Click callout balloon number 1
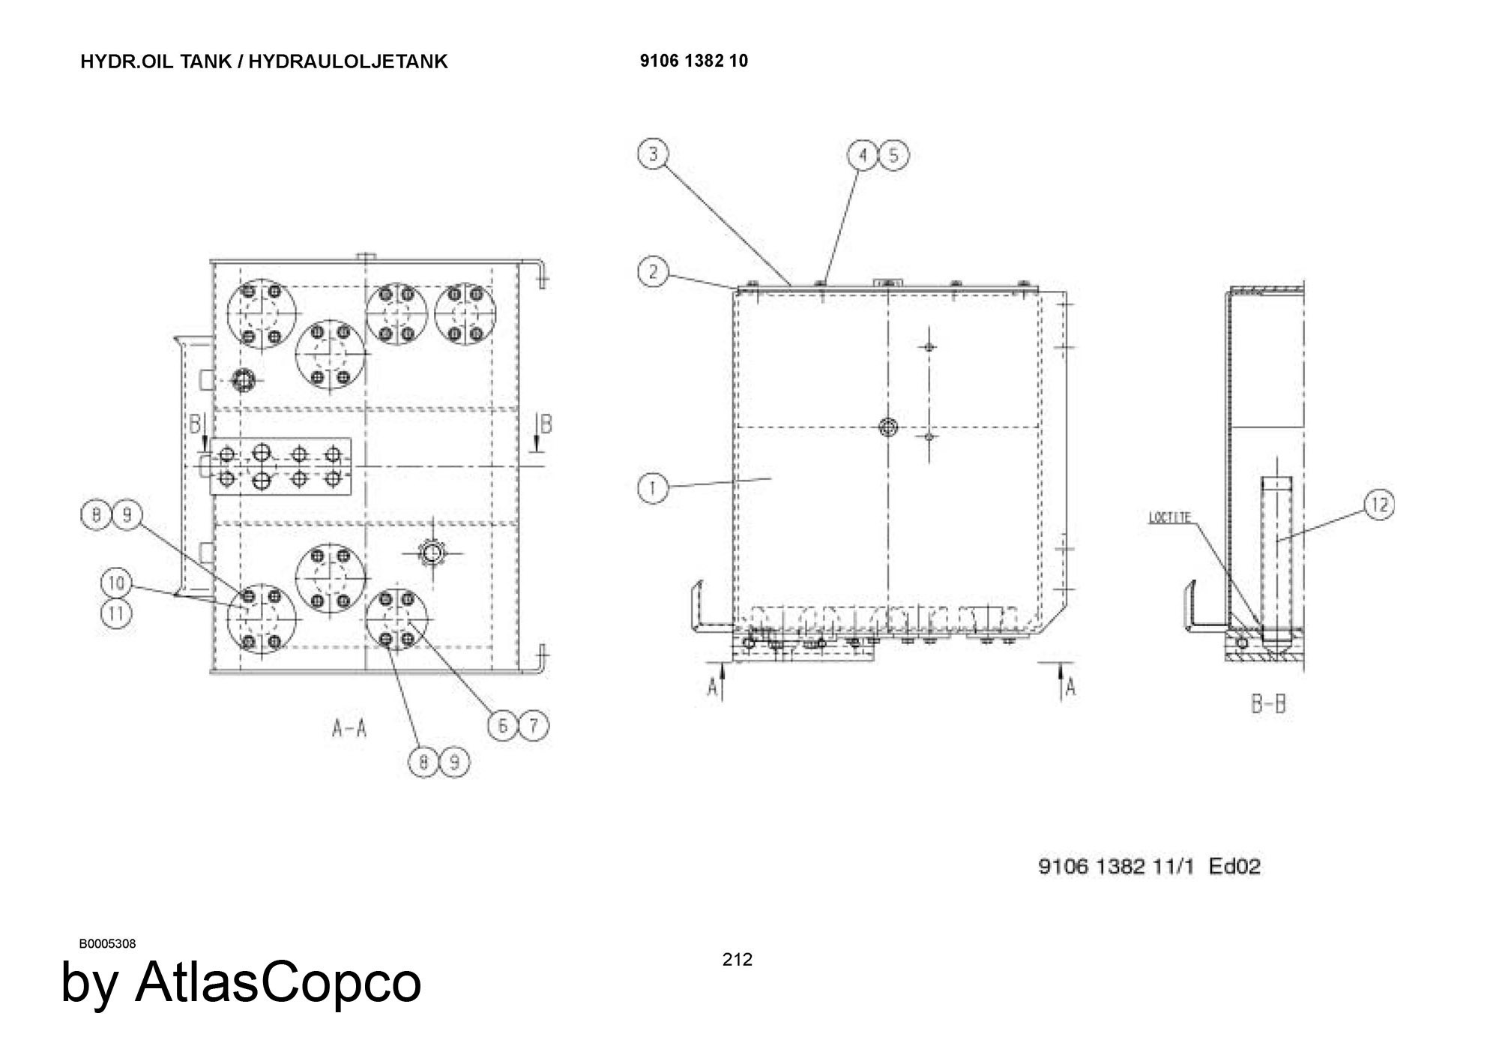[x=652, y=490]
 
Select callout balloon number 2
[x=653, y=271]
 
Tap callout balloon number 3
[x=653, y=154]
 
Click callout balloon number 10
[x=115, y=583]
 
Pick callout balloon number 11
[x=115, y=615]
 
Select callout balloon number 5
[x=893, y=155]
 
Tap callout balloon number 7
[x=534, y=725]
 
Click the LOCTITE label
[x=1169, y=517]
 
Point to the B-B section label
[x=1268, y=704]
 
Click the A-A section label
[x=349, y=727]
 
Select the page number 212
[x=737, y=959]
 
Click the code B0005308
[x=107, y=943]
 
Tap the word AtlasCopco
[x=278, y=982]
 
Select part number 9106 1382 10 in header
[x=693, y=61]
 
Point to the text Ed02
[x=1234, y=867]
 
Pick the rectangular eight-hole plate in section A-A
[x=280, y=466]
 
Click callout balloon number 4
[x=863, y=155]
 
